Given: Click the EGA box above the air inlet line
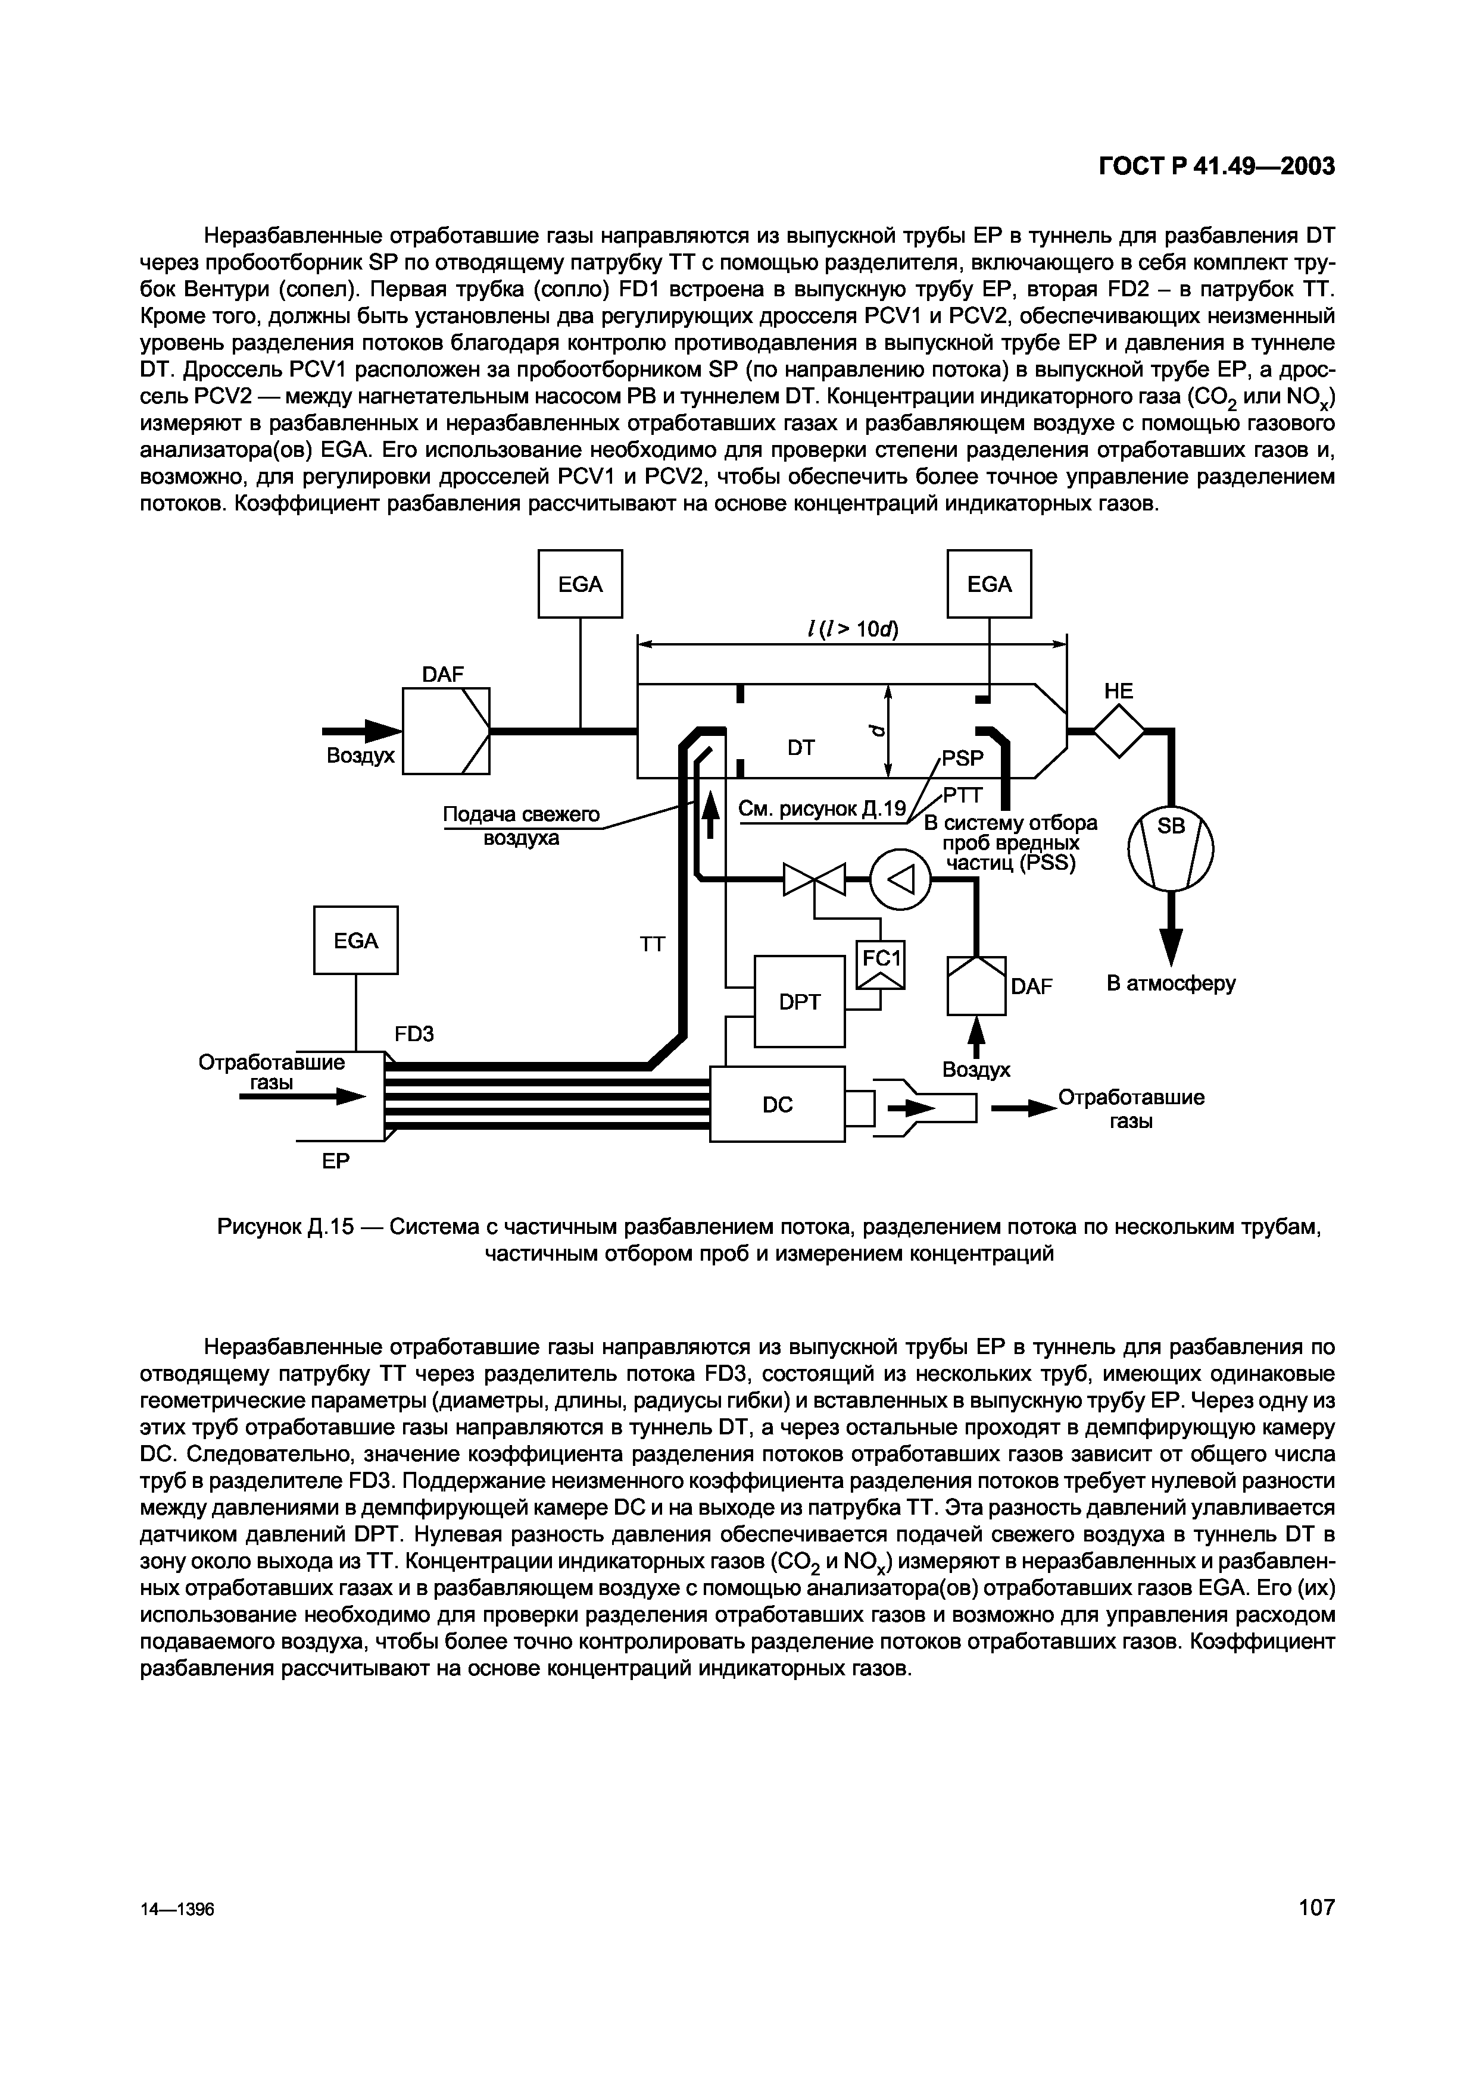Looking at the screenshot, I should (580, 584).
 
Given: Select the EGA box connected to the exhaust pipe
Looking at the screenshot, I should (355, 941).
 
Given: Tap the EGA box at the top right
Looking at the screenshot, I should (990, 584).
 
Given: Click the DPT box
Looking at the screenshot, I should (800, 1001).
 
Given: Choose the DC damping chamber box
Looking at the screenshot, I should (778, 1104).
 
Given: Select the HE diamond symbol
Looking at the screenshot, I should (1119, 729).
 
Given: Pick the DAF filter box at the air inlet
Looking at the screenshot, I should (445, 731).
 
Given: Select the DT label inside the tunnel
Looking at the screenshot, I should (800, 748).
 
